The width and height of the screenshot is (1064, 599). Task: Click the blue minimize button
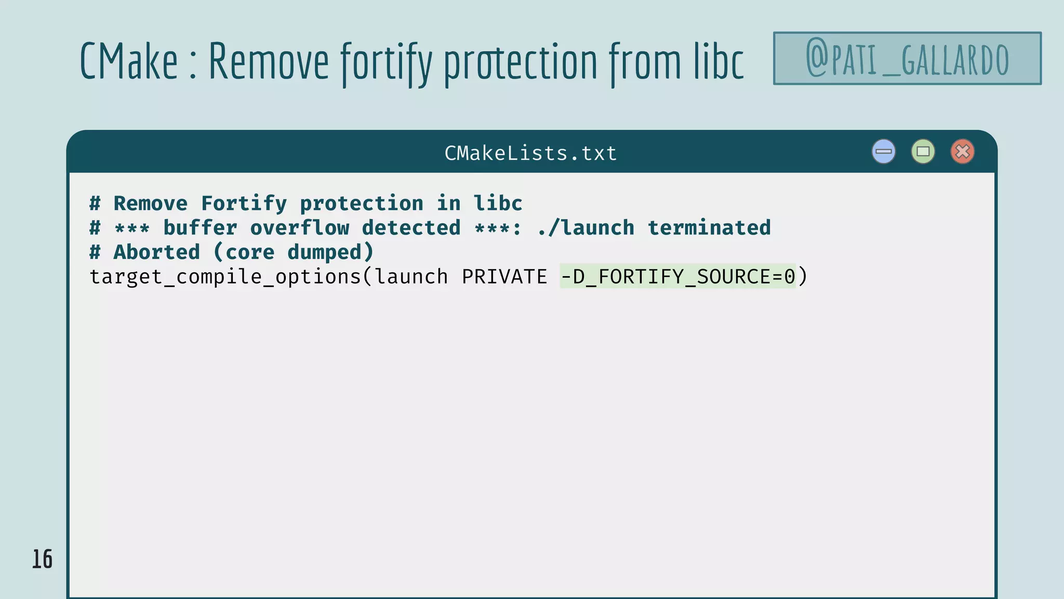pos(883,152)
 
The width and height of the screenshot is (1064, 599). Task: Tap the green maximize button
pos(923,152)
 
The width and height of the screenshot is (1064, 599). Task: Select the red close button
pos(962,152)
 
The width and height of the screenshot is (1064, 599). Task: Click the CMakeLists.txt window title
pos(530,153)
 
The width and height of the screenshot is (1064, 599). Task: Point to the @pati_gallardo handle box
pos(907,58)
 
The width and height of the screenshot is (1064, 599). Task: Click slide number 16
pos(42,559)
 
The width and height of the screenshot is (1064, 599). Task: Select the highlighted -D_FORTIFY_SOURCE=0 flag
pos(677,277)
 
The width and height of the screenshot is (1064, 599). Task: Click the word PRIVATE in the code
pos(504,277)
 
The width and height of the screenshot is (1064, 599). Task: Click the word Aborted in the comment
pos(156,252)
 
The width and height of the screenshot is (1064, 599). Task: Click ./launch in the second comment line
pos(586,228)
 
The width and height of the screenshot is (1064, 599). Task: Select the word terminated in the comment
pos(709,228)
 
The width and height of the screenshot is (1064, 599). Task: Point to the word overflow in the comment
pos(300,228)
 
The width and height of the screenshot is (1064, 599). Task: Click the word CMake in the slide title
pos(129,61)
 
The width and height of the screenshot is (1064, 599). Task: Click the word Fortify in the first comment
pos(244,203)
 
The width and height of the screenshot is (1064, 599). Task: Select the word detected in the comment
pos(411,228)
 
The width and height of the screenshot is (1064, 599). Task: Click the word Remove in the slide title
pos(269,61)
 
